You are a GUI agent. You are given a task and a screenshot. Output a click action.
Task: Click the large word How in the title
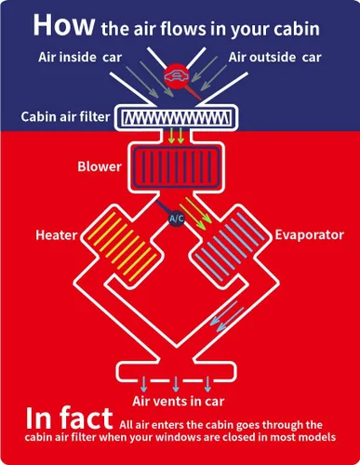[x=63, y=24]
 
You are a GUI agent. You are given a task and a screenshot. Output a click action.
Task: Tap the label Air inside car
[x=80, y=57]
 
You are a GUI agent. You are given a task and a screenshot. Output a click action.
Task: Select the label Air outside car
[x=274, y=57]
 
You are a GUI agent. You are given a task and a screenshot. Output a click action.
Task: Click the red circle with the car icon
[x=176, y=76]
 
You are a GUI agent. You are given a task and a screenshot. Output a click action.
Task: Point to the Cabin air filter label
[x=65, y=116]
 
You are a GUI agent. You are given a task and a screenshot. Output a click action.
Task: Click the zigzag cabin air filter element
[x=177, y=117]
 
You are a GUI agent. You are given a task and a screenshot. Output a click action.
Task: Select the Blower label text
[x=100, y=166]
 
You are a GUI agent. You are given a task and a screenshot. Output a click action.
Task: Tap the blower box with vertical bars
[x=176, y=166]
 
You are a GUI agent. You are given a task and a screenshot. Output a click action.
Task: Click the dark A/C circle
[x=177, y=219]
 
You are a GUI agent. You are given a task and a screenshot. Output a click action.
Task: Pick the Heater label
[x=57, y=235]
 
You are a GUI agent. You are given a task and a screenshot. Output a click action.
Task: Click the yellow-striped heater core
[x=122, y=247]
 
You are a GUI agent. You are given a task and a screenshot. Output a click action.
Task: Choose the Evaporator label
[x=310, y=234]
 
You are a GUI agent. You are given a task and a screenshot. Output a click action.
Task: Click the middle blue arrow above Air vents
[x=176, y=384]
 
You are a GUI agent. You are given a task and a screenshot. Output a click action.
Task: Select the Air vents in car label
[x=179, y=401]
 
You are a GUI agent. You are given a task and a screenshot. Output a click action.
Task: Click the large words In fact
[x=69, y=418]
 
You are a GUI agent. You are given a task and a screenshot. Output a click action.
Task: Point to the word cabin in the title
[x=297, y=29]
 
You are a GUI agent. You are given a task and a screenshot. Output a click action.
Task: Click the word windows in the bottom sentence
[x=177, y=437]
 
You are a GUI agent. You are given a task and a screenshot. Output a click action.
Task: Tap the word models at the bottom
[x=317, y=437]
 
